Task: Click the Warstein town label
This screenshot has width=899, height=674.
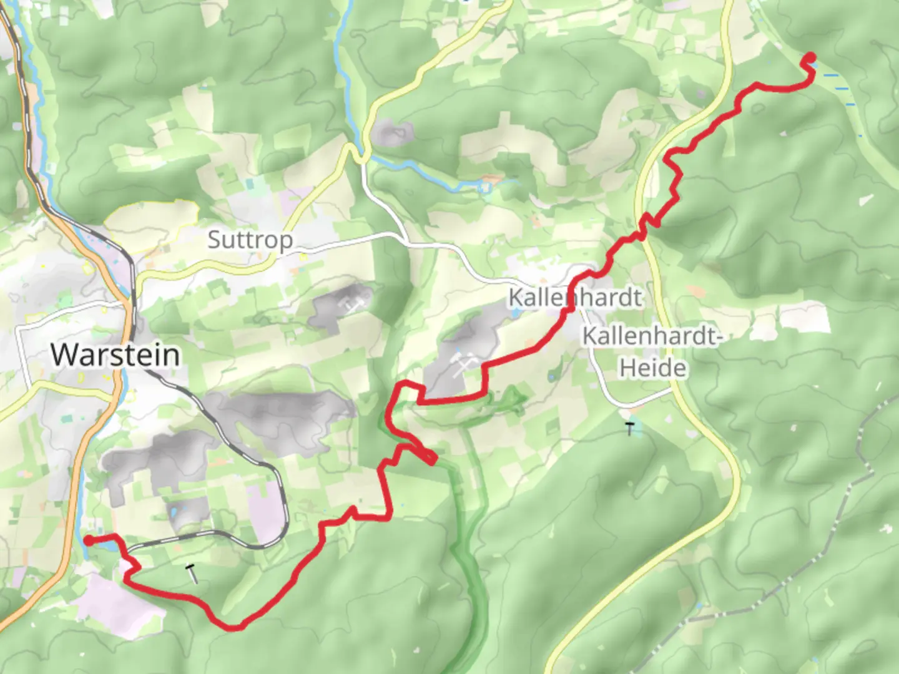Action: coord(115,354)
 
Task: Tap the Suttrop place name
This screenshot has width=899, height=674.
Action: coord(250,240)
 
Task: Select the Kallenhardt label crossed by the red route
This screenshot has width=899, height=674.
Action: coord(574,297)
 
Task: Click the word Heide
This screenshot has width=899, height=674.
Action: coord(652,368)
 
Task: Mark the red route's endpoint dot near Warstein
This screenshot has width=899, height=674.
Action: coord(89,540)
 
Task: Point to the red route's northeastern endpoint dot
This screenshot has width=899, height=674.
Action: coord(811,57)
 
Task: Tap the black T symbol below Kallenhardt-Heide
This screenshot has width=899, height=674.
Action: coord(630,429)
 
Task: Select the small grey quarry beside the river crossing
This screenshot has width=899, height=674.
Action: coord(391,132)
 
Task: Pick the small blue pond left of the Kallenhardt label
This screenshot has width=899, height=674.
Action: coord(513,314)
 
